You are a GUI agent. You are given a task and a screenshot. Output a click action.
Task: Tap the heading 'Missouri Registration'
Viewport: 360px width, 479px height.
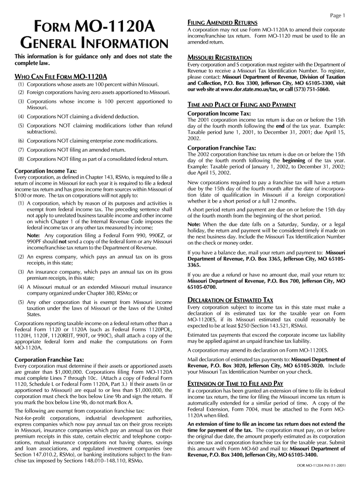219,58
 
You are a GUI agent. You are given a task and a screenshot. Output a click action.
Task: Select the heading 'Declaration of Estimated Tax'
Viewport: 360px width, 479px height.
230,300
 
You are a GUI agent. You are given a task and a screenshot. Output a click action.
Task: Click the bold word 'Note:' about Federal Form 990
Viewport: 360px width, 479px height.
33,235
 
